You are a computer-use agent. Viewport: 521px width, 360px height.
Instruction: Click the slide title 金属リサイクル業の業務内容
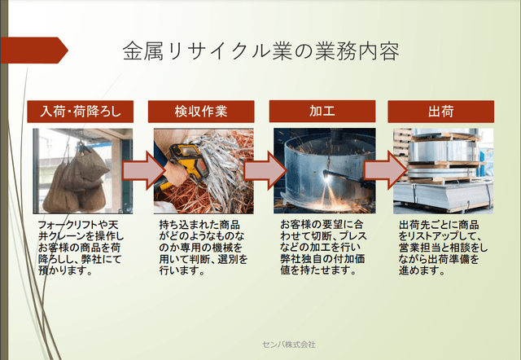coord(260,51)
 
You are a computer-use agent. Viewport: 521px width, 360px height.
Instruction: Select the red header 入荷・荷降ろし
coord(79,112)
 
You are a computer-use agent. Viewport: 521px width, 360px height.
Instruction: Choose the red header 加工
coord(322,112)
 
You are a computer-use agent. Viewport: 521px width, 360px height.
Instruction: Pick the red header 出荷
coord(440,112)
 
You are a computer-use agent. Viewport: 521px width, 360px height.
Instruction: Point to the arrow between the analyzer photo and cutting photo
coord(262,170)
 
